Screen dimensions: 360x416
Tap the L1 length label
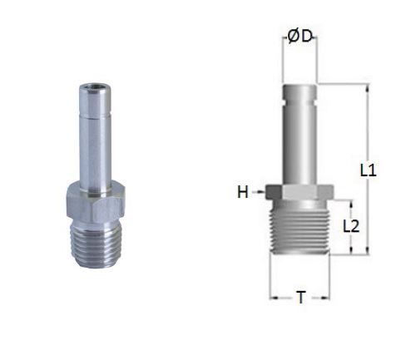(369, 170)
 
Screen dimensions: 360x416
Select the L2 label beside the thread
(352, 225)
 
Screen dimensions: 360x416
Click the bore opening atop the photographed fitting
(92, 86)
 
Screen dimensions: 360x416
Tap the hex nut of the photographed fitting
(93, 198)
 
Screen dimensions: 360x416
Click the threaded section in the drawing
(300, 229)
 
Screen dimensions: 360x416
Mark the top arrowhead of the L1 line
(363, 86)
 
